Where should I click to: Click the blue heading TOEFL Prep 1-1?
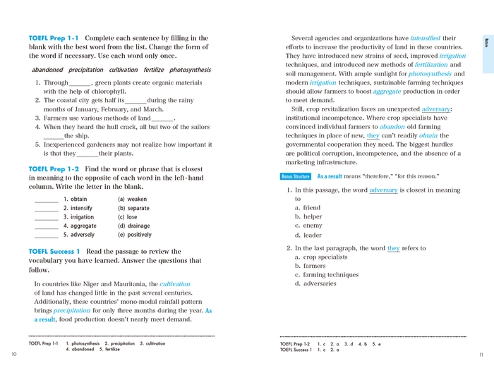pos(54,38)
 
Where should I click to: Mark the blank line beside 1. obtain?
pos(46,200)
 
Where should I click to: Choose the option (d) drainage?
pos(133,226)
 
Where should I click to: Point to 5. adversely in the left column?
pos(78,235)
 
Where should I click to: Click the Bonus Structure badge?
pos(296,176)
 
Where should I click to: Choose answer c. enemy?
pos(308,226)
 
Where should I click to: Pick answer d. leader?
pos(308,235)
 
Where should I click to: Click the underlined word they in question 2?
pos(393,249)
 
